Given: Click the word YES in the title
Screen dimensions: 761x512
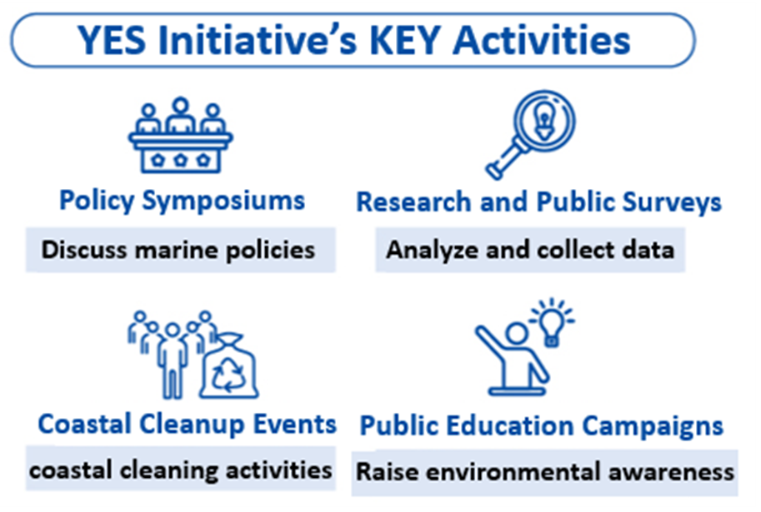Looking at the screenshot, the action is click(x=113, y=40).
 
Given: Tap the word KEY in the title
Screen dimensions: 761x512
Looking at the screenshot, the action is click(x=405, y=40).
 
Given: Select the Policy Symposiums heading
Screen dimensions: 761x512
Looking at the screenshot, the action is click(x=182, y=201).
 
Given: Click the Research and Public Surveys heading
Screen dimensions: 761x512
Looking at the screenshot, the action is click(x=538, y=201).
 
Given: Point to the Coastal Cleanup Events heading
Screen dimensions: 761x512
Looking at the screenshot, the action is click(x=187, y=425).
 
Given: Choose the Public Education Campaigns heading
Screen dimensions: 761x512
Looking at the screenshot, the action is click(x=541, y=426).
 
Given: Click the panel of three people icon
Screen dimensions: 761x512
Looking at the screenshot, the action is click(x=181, y=135).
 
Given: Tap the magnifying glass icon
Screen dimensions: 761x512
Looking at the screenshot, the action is click(x=530, y=135).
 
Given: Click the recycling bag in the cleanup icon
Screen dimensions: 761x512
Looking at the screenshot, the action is click(x=229, y=366).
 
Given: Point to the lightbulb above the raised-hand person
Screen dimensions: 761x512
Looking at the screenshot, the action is click(x=552, y=322).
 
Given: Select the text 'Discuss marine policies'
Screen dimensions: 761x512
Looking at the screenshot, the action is click(x=178, y=251).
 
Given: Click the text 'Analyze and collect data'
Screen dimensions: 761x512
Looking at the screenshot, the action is click(x=530, y=251).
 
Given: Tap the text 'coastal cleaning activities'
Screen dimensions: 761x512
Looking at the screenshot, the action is click(x=181, y=470).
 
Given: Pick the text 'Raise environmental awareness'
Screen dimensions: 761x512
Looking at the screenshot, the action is click(x=545, y=472).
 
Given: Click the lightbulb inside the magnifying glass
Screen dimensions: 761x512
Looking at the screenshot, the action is click(x=544, y=122).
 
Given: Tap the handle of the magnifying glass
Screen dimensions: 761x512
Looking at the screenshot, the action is click(x=505, y=161).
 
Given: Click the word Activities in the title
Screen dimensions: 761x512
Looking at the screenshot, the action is click(x=542, y=40).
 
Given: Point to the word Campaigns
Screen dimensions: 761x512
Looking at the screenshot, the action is click(x=653, y=426).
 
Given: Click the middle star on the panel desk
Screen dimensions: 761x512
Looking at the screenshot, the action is click(x=181, y=160).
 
